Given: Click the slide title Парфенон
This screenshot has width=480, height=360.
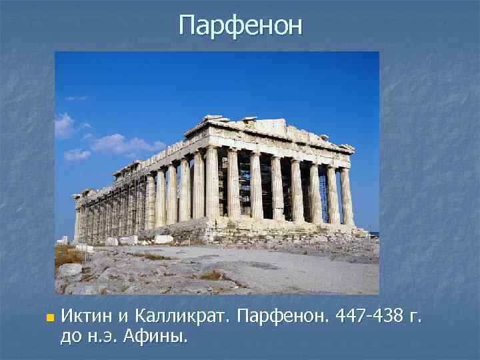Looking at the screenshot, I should pos(240,26).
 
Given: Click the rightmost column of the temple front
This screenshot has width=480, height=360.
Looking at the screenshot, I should pos(347,196).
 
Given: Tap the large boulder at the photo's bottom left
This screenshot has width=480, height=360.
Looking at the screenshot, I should pos(69,270).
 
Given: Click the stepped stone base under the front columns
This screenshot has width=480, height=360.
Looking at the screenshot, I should pos(280,229).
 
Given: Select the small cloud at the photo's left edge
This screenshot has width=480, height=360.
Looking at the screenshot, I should pos(64,125).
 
